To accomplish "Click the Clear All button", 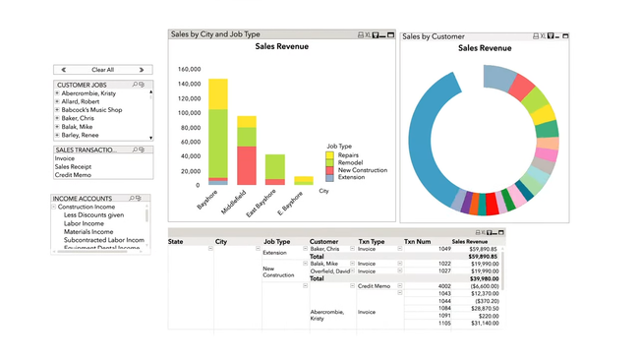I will (x=102, y=70).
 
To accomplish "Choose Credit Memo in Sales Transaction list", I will (x=73, y=175).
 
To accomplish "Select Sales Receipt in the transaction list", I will (x=74, y=167).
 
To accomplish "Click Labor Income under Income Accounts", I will (x=84, y=223).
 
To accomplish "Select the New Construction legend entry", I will (x=362, y=170).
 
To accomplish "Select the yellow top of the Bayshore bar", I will (x=217, y=93).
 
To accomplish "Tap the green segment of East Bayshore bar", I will (x=274, y=166).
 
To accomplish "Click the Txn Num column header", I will (x=417, y=241).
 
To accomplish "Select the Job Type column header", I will (x=276, y=241).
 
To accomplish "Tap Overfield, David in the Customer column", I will (x=330, y=271).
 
